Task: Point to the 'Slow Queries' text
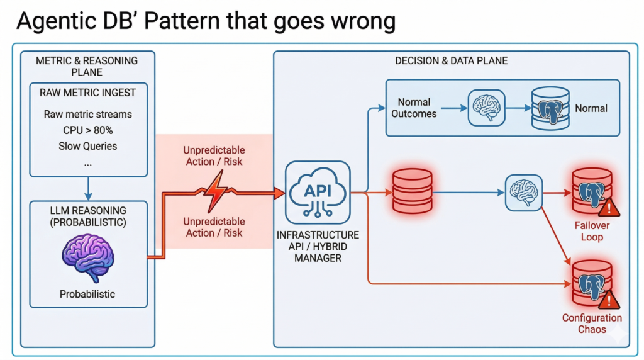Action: pos(88,146)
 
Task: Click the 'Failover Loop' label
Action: pos(592,231)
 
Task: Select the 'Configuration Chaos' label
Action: pos(592,323)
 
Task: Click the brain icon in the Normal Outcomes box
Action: pos(486,108)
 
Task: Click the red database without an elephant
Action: pos(412,193)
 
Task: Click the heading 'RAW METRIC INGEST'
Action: pos(88,93)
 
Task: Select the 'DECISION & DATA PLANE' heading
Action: pos(451,61)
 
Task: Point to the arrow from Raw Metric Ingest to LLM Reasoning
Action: pos(88,187)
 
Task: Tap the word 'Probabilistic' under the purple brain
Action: pos(88,294)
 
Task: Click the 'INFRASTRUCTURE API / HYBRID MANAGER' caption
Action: pos(318,246)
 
